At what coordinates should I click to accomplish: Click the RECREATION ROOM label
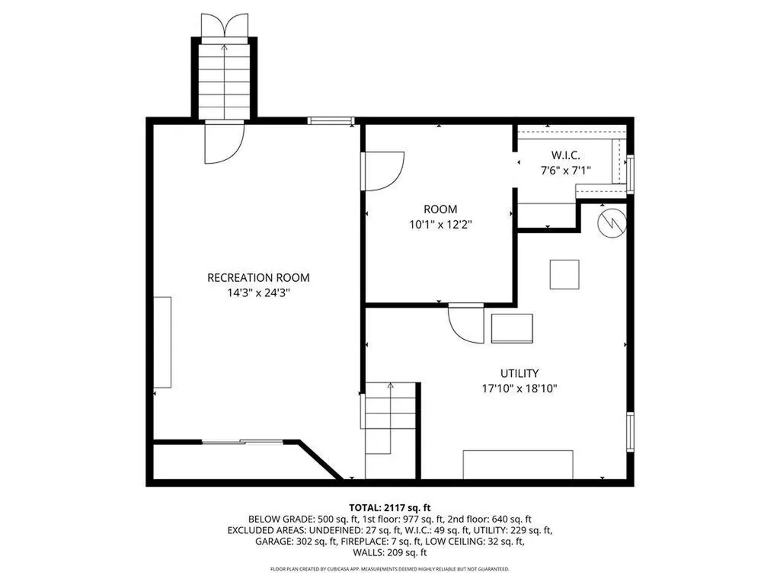(x=258, y=278)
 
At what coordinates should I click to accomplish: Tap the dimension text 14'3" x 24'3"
(x=258, y=292)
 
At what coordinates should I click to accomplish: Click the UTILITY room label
(x=519, y=373)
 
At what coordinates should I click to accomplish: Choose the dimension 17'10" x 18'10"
(x=519, y=388)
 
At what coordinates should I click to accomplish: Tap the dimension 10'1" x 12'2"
(x=440, y=224)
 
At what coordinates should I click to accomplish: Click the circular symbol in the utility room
(x=612, y=223)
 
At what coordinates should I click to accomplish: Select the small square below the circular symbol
(x=564, y=274)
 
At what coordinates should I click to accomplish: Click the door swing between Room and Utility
(x=465, y=324)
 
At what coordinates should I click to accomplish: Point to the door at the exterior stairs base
(x=224, y=142)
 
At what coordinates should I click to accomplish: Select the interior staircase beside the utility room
(x=391, y=430)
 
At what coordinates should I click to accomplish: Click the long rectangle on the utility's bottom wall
(x=518, y=464)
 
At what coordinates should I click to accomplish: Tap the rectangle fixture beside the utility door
(x=512, y=328)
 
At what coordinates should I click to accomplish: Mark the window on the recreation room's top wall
(x=331, y=120)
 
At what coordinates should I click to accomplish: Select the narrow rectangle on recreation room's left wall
(x=163, y=344)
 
